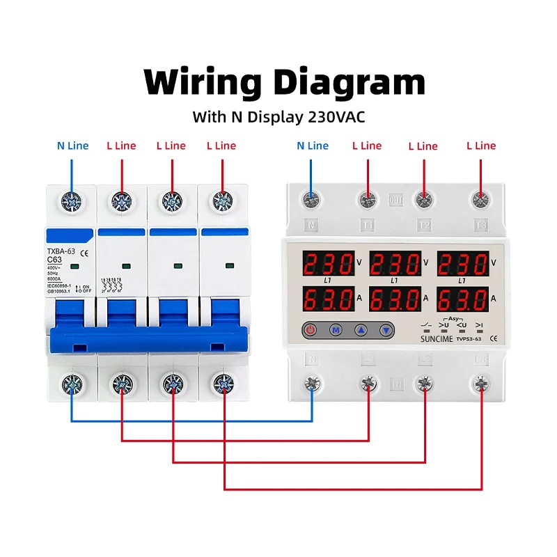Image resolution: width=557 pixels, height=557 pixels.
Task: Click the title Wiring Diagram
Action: pyautogui.click(x=284, y=83)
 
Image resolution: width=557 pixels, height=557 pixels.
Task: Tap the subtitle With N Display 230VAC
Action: pyautogui.click(x=278, y=117)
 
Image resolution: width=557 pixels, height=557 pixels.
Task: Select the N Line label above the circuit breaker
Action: pyautogui.click(x=72, y=146)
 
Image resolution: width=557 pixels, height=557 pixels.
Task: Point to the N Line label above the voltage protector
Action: pyautogui.click(x=312, y=146)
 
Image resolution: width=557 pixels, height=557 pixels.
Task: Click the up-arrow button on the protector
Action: pyautogui.click(x=360, y=331)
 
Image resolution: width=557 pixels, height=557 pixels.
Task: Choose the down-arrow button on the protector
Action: pyautogui.click(x=384, y=331)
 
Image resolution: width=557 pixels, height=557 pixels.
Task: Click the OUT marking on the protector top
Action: pyautogui.click(x=395, y=198)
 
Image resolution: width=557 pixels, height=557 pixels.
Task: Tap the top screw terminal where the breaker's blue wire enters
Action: pyautogui.click(x=71, y=202)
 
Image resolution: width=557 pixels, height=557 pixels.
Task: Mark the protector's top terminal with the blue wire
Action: pyautogui.click(x=311, y=201)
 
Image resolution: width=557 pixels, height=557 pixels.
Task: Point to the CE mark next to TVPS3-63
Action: pyautogui.click(x=493, y=338)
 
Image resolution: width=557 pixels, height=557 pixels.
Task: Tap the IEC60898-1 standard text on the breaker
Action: pyautogui.click(x=59, y=286)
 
